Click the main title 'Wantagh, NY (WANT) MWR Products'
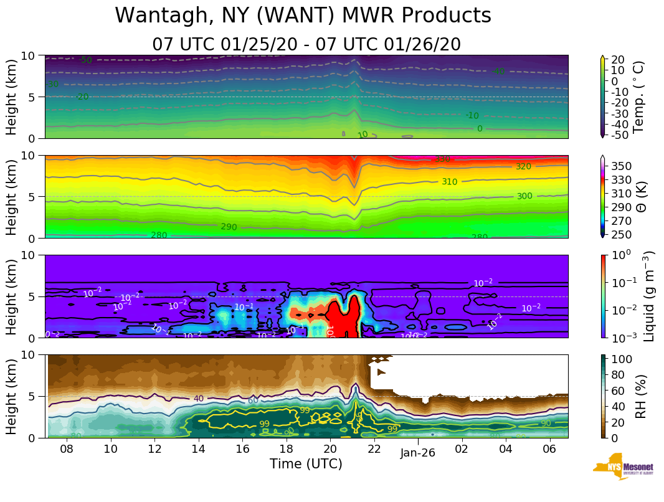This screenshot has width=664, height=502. (x=303, y=16)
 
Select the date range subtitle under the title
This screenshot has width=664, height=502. (x=306, y=44)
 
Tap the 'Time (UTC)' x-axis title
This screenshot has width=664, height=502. (x=306, y=464)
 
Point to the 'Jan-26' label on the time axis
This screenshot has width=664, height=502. (x=418, y=453)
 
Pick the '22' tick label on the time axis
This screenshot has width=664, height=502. (x=374, y=450)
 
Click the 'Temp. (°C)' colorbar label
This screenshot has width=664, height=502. (x=638, y=97)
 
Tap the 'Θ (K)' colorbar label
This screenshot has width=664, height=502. (x=638, y=197)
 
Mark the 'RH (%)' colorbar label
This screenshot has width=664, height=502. (x=638, y=396)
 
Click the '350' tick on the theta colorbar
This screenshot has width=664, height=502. (x=623, y=166)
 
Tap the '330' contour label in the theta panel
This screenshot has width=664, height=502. (x=442, y=159)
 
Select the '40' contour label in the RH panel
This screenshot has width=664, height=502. (x=199, y=399)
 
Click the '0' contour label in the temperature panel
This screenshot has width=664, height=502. (x=479, y=129)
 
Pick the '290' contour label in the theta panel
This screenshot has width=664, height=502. (x=229, y=227)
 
